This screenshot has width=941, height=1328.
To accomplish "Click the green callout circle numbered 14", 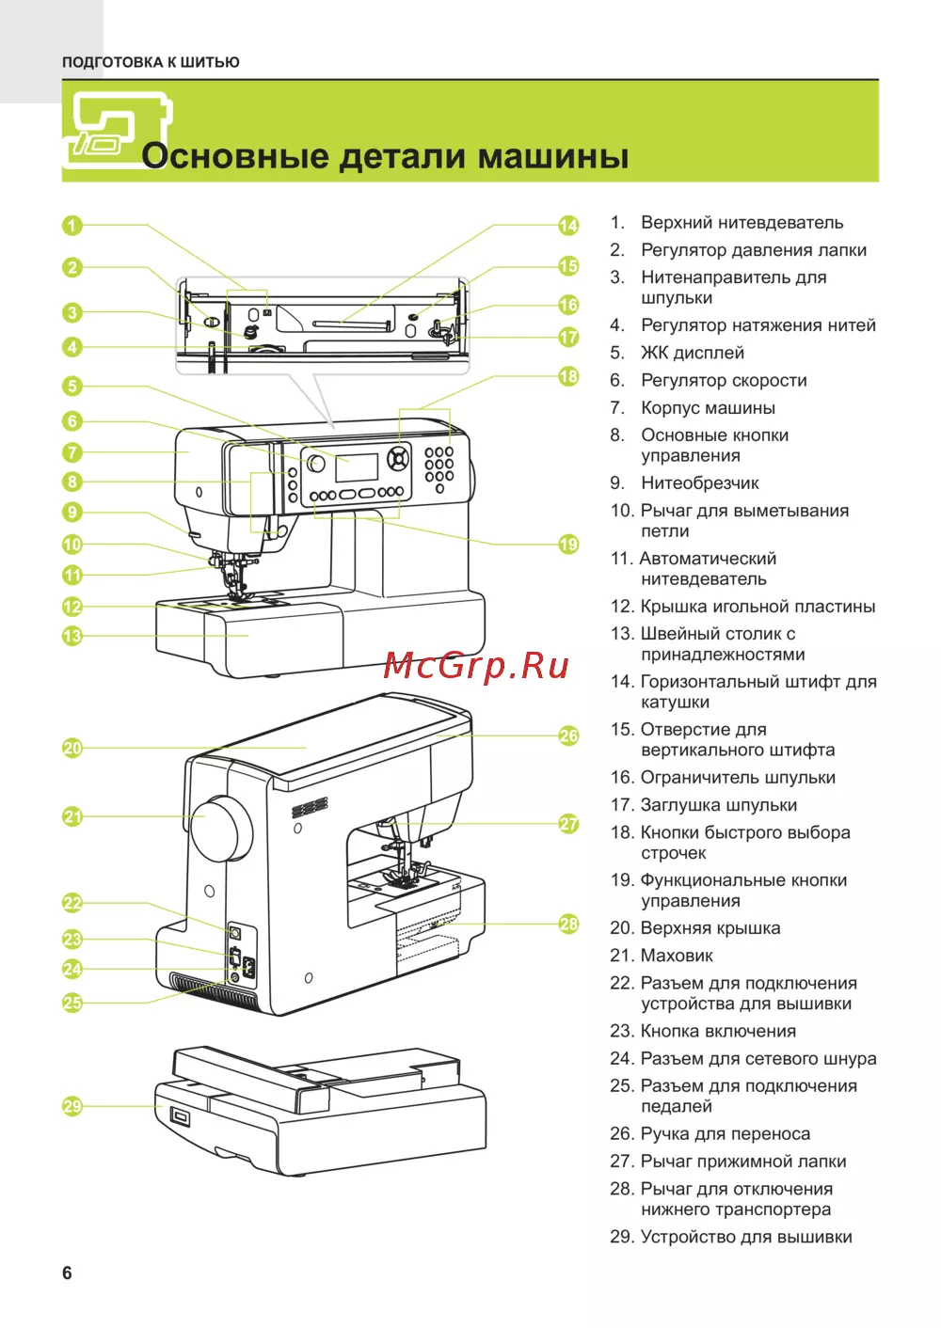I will (x=568, y=226).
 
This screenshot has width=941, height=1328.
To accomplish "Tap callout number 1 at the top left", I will (x=72, y=226).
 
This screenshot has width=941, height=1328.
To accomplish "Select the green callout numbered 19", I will (x=568, y=545).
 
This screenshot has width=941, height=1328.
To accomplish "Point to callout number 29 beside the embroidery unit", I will (x=72, y=1106).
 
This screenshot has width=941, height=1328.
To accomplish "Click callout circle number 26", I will (x=568, y=735).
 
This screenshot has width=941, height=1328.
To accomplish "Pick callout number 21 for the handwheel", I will (x=72, y=816).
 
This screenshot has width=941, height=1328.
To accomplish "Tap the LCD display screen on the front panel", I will (x=357, y=467).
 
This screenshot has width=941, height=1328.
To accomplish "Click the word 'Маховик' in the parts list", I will (x=677, y=956).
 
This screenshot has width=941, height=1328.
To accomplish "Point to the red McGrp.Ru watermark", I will (x=476, y=666).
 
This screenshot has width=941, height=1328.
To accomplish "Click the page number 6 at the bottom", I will (x=67, y=1273).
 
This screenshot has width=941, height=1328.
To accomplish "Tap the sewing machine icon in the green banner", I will (x=115, y=129).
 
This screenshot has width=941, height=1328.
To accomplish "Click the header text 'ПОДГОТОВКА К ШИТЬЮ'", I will (x=151, y=62).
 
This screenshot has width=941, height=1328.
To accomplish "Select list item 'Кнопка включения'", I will (x=718, y=1031).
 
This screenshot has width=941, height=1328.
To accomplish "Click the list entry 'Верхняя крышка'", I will (x=710, y=928).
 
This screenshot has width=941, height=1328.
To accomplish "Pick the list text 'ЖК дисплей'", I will (x=693, y=353).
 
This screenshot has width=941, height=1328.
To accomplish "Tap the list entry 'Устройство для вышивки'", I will (x=746, y=1237).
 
